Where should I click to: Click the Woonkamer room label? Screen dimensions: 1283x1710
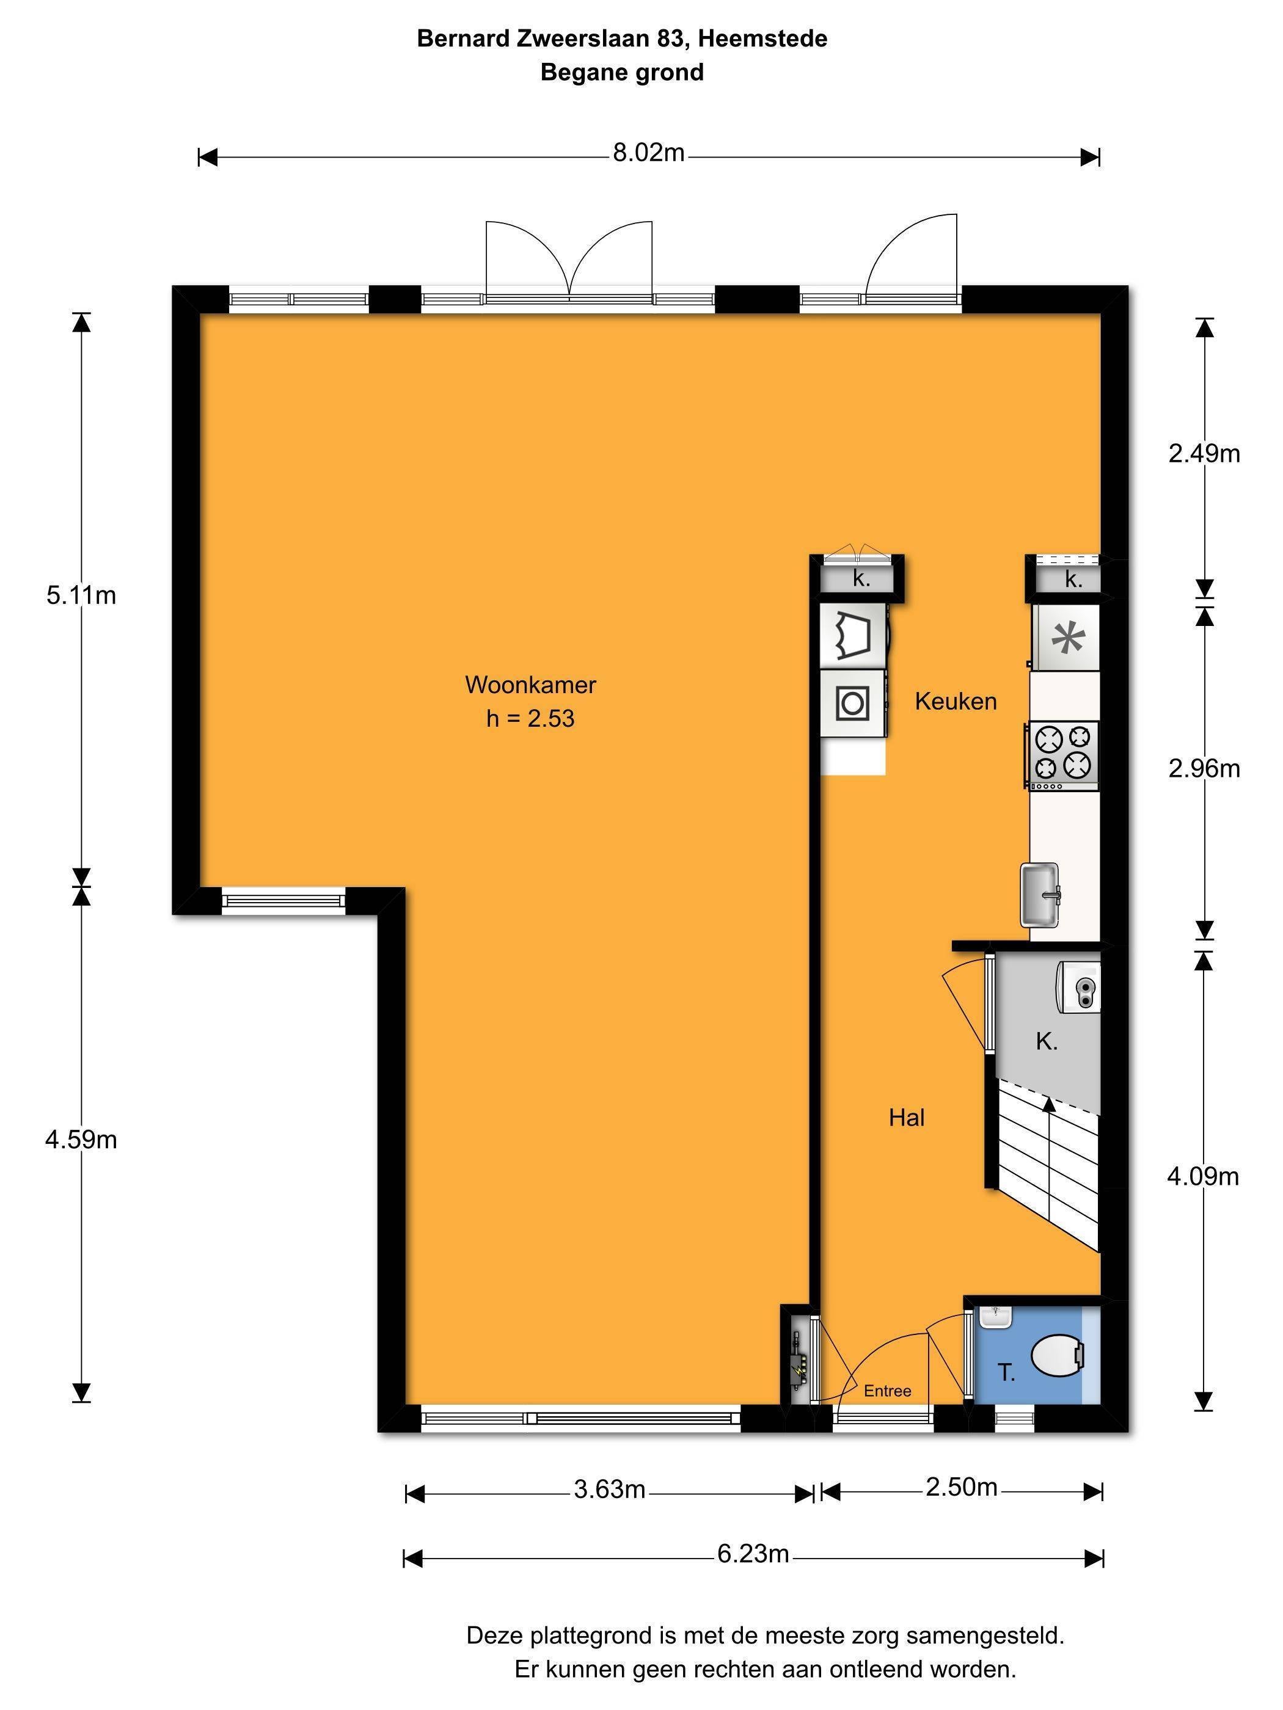pos(530,685)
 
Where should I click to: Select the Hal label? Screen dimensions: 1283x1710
pos(907,1117)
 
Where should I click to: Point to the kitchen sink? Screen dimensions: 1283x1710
pos(1040,895)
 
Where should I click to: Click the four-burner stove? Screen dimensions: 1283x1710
pos(1062,755)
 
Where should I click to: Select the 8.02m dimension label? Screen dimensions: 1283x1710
pos(648,153)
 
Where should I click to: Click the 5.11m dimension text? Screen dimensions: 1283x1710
pos(81,595)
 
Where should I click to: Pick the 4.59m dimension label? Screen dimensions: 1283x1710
pos(81,1140)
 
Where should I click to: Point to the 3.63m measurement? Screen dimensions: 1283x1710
pos(609,1489)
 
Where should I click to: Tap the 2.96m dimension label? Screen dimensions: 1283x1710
pos(1204,768)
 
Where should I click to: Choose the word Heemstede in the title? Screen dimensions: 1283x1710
pos(762,38)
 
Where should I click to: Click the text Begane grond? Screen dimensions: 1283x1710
pos(622,73)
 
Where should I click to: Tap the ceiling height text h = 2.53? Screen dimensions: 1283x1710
pos(530,719)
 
